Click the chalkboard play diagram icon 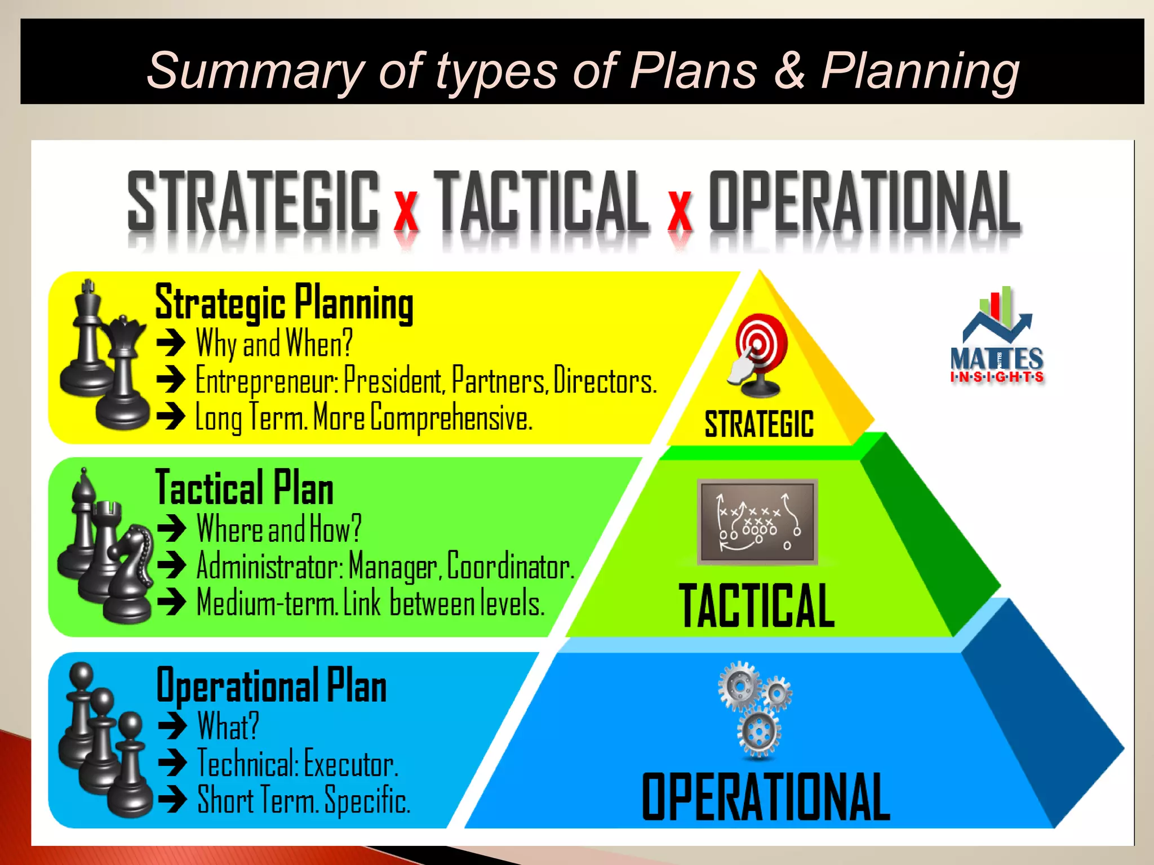757,521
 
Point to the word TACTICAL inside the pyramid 756,605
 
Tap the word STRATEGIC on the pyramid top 759,424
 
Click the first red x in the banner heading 406,212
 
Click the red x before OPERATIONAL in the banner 680,212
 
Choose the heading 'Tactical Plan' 244,488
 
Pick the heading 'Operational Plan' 272,685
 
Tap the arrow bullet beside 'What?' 172,726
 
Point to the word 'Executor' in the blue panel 350,764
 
